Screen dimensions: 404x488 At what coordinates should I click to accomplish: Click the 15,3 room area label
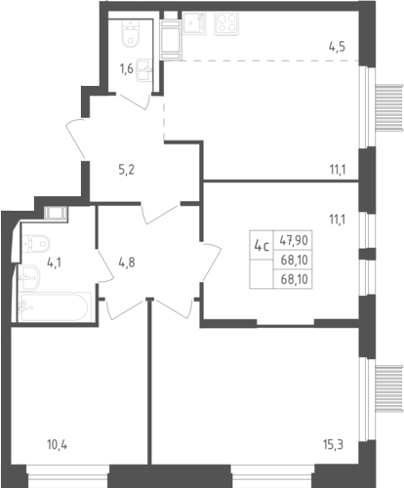coord(334,444)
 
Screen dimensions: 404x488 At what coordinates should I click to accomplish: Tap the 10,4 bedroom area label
coord(58,444)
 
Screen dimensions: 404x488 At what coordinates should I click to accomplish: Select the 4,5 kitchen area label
coord(337,47)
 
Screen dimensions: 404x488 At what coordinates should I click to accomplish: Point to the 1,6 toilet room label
coord(126,69)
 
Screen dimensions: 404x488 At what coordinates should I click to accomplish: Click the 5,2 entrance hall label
coord(127,170)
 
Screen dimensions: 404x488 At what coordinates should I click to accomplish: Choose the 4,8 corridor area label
coord(127,263)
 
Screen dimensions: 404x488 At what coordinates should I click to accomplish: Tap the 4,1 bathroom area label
coord(54,263)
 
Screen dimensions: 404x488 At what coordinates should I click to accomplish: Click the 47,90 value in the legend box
coord(294,240)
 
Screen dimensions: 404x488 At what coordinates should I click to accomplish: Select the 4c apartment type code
coord(262,246)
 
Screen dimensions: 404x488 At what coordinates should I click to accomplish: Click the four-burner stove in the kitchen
coord(226,23)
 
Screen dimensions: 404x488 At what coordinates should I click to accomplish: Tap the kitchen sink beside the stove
coord(194,23)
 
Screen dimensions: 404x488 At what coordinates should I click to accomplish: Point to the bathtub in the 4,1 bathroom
coord(54,306)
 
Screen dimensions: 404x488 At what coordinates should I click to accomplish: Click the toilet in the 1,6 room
coord(131,33)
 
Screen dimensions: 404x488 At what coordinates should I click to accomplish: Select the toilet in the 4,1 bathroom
coord(36,244)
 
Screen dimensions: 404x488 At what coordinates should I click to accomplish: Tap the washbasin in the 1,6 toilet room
coord(145,69)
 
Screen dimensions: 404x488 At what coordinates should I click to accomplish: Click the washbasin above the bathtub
coord(29,277)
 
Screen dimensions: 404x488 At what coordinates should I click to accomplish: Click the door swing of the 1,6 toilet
coord(135,102)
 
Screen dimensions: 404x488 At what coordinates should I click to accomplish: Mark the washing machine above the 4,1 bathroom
coord(56,214)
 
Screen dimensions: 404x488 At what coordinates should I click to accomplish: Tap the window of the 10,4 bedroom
coord(67,476)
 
